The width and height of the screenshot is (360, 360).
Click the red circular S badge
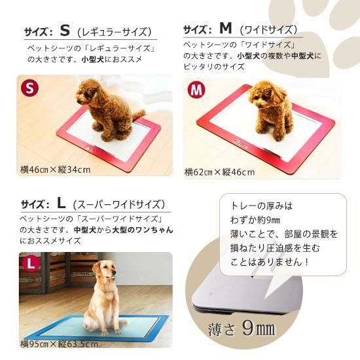click(x=29, y=88)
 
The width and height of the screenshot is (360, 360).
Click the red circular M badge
click(x=195, y=90)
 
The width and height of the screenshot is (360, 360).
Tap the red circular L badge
click(x=30, y=264)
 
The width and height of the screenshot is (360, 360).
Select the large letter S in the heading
click(x=64, y=30)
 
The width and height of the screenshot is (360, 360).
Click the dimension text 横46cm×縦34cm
click(x=55, y=170)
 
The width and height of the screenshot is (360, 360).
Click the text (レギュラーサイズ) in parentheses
click(x=115, y=31)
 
